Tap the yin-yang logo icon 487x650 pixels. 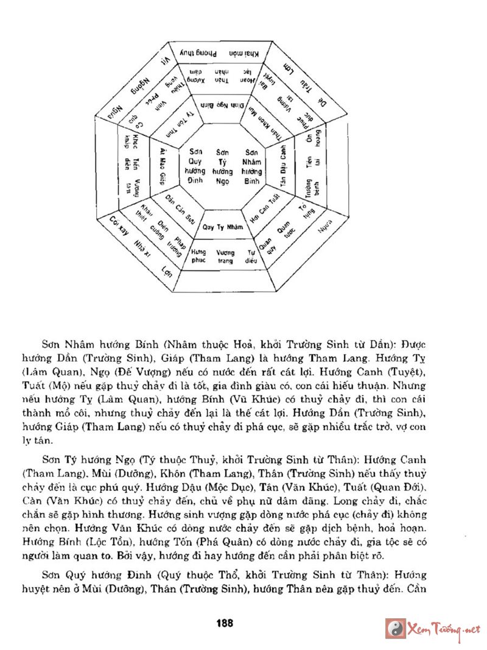pyautogui.click(x=396, y=628)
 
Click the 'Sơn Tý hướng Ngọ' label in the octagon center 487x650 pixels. pyautogui.click(x=223, y=167)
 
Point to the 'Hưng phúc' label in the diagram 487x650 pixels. pyautogui.click(x=198, y=256)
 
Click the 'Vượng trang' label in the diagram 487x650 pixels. pyautogui.click(x=225, y=256)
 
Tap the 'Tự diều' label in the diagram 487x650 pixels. pyautogui.click(x=250, y=256)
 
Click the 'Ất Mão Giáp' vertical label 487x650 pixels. pyautogui.click(x=163, y=166)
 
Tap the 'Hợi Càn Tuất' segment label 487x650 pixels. pyautogui.click(x=265, y=209)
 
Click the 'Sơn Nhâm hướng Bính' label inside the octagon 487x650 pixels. pyautogui.click(x=252, y=167)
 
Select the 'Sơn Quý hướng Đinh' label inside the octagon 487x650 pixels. pyautogui.click(x=195, y=167)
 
